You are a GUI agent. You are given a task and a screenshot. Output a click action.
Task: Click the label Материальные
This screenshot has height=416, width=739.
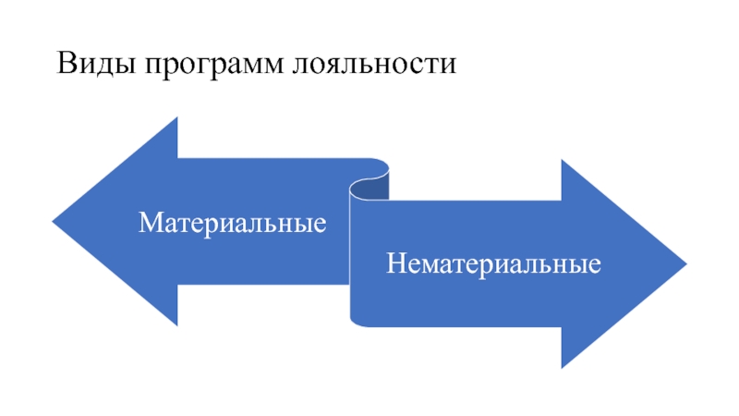[233, 223]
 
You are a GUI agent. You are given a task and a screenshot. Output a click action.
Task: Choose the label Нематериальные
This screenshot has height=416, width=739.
[494, 264]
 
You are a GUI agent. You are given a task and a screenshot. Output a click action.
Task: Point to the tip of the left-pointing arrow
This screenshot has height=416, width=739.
[54, 222]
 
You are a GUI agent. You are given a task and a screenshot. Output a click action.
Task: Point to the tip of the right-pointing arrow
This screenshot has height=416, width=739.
[685, 264]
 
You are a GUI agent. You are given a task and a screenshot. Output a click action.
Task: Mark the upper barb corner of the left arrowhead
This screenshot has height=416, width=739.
[176, 117]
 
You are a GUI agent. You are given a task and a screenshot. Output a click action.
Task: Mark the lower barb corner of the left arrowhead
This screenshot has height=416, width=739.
[176, 325]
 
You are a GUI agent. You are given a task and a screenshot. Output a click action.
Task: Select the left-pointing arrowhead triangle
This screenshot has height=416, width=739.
[129, 222]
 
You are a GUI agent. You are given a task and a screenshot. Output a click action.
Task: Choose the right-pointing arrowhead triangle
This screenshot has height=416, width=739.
[610, 264]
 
